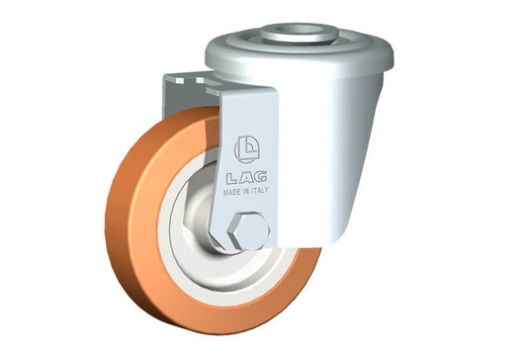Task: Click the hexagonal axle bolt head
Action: (x=248, y=230)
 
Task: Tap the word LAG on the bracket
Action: (x=247, y=178)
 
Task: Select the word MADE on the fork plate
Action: (x=232, y=192)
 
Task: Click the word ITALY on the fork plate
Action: (x=260, y=190)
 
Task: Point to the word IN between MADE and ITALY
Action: (x=245, y=191)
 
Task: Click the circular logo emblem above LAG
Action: (x=247, y=149)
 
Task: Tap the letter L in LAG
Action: (x=232, y=179)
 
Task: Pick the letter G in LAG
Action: (x=260, y=176)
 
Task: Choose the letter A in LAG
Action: (x=245, y=178)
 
